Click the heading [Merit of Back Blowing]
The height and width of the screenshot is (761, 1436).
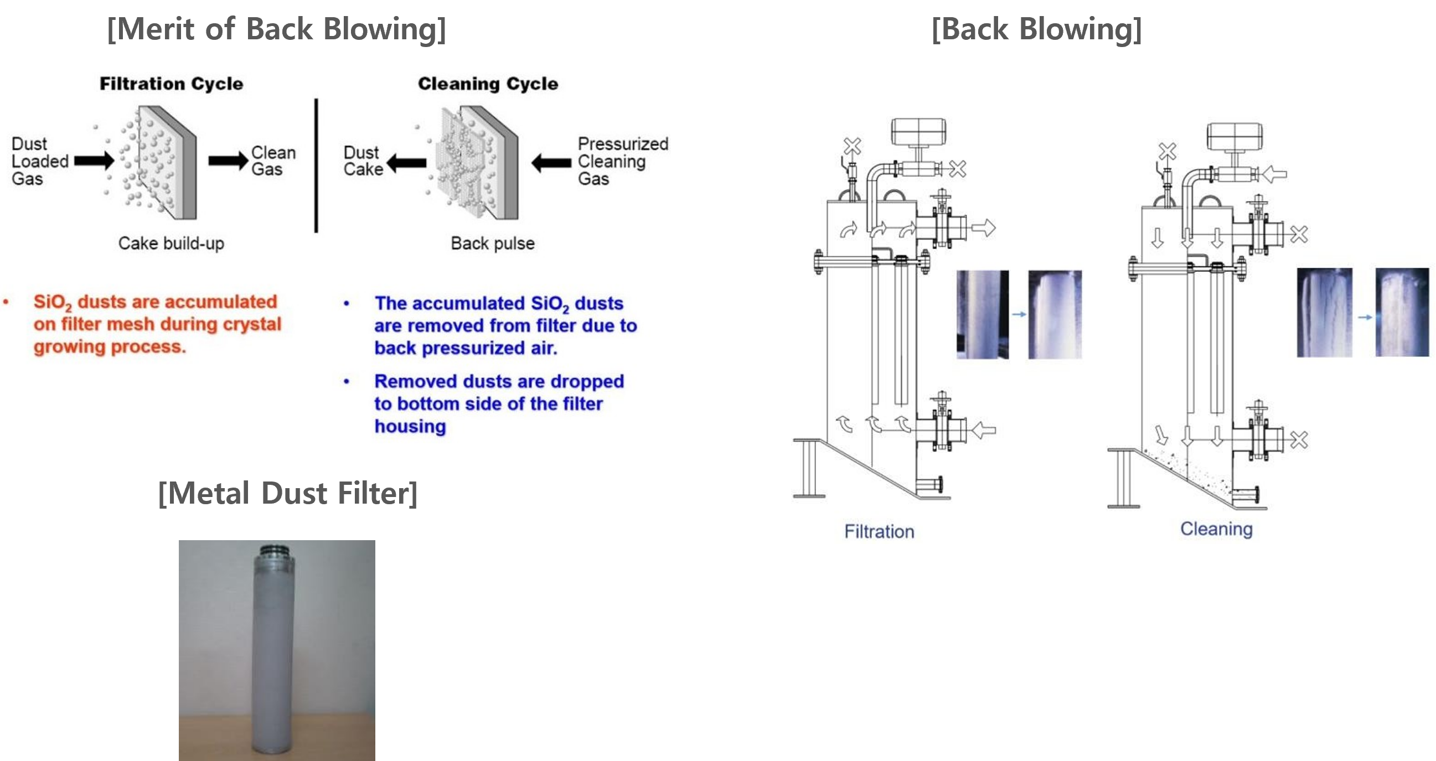pyautogui.click(x=276, y=29)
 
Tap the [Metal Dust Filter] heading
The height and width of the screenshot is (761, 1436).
pyautogui.click(x=288, y=493)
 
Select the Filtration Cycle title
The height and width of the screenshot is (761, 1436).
pyautogui.click(x=172, y=84)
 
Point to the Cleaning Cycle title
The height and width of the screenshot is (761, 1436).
pyautogui.click(x=488, y=84)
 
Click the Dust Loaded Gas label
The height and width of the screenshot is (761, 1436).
pyautogui.click(x=39, y=161)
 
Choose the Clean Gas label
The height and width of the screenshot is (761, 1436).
pyautogui.click(x=273, y=161)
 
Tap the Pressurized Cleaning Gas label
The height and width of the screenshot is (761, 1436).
pyautogui.click(x=623, y=161)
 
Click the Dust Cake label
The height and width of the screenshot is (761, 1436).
pyautogui.click(x=364, y=161)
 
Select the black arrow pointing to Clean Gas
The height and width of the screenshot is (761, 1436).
pyautogui.click(x=228, y=161)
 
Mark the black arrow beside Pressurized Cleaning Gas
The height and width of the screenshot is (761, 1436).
pyautogui.click(x=551, y=163)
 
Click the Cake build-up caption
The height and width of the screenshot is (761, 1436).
pyautogui.click(x=171, y=244)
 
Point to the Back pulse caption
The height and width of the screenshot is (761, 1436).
pyautogui.click(x=493, y=244)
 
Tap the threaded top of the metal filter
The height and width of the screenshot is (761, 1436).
pyautogui.click(x=276, y=552)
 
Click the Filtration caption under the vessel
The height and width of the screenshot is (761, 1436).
pyautogui.click(x=879, y=531)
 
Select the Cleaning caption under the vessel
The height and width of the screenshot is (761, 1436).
pyautogui.click(x=1216, y=529)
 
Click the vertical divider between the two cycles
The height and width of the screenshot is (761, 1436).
pyautogui.click(x=316, y=165)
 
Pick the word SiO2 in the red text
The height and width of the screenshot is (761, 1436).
pyautogui.click(x=53, y=303)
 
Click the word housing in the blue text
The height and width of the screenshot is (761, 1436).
pyautogui.click(x=410, y=427)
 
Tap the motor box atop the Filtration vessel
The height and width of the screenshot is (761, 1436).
pyautogui.click(x=918, y=132)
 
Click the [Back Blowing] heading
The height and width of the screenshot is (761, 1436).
pyautogui.click(x=1037, y=29)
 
